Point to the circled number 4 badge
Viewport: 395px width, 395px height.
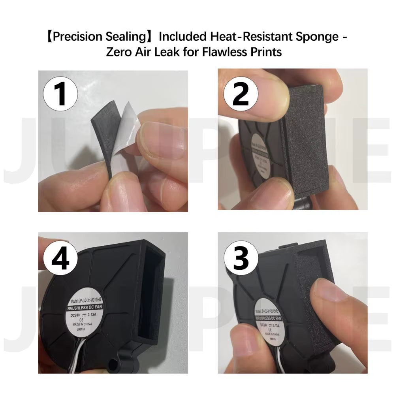(60, 259)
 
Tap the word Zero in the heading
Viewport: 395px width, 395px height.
(120, 52)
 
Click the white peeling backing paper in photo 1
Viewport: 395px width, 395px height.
(122, 130)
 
